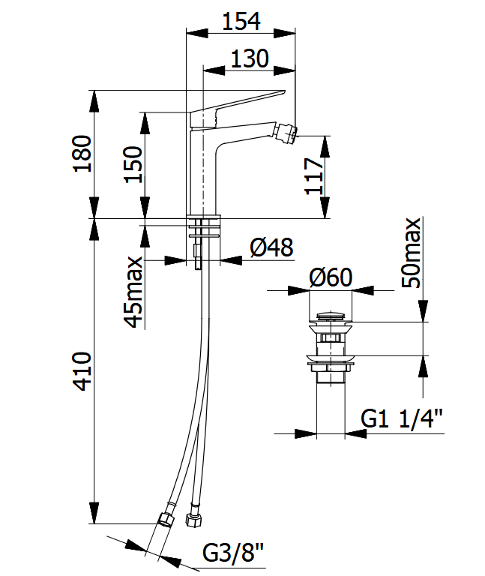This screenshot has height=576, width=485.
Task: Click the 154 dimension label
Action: pyautogui.click(x=241, y=21)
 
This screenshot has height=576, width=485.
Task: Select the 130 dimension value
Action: pyautogui.click(x=250, y=58)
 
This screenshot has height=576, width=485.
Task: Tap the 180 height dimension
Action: pyautogui.click(x=82, y=153)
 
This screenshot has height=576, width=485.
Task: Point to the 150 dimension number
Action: pyautogui.click(x=133, y=164)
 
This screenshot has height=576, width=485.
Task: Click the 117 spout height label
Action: pyautogui.click(x=314, y=176)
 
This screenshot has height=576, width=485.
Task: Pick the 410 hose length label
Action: pyautogui.click(x=82, y=371)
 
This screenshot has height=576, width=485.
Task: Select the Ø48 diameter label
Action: pyautogui.click(x=271, y=247)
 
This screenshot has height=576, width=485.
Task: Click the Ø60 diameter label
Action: pyautogui.click(x=331, y=277)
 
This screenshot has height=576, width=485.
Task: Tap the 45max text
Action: pyautogui.click(x=133, y=292)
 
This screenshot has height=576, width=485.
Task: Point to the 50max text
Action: pyautogui.click(x=412, y=253)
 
